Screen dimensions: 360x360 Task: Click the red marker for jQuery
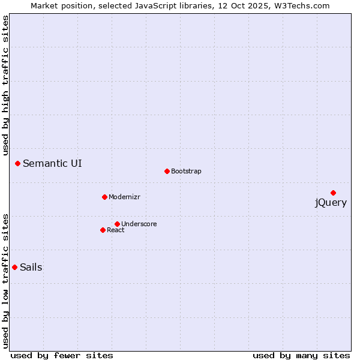(x=333, y=193)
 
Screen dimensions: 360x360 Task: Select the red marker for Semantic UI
(x=17, y=163)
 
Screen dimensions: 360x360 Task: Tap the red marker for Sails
(x=14, y=267)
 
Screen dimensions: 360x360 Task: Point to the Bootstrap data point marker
(x=167, y=171)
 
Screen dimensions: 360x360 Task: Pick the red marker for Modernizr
(x=104, y=197)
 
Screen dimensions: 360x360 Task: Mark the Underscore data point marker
(x=117, y=224)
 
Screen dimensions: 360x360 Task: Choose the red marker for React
(x=103, y=230)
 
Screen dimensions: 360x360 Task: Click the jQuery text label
(x=331, y=203)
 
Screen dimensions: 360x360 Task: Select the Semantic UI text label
(x=52, y=163)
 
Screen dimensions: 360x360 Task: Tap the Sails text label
(x=31, y=268)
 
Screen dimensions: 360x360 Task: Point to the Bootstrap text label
(x=186, y=171)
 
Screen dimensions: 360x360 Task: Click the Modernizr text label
(x=124, y=197)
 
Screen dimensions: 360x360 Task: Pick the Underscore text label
(x=139, y=224)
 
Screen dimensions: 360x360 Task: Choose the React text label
(x=116, y=230)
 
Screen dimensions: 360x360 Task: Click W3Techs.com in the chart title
(x=301, y=6)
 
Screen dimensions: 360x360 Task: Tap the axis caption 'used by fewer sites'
(x=62, y=355)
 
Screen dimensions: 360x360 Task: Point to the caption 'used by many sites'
(x=301, y=355)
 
